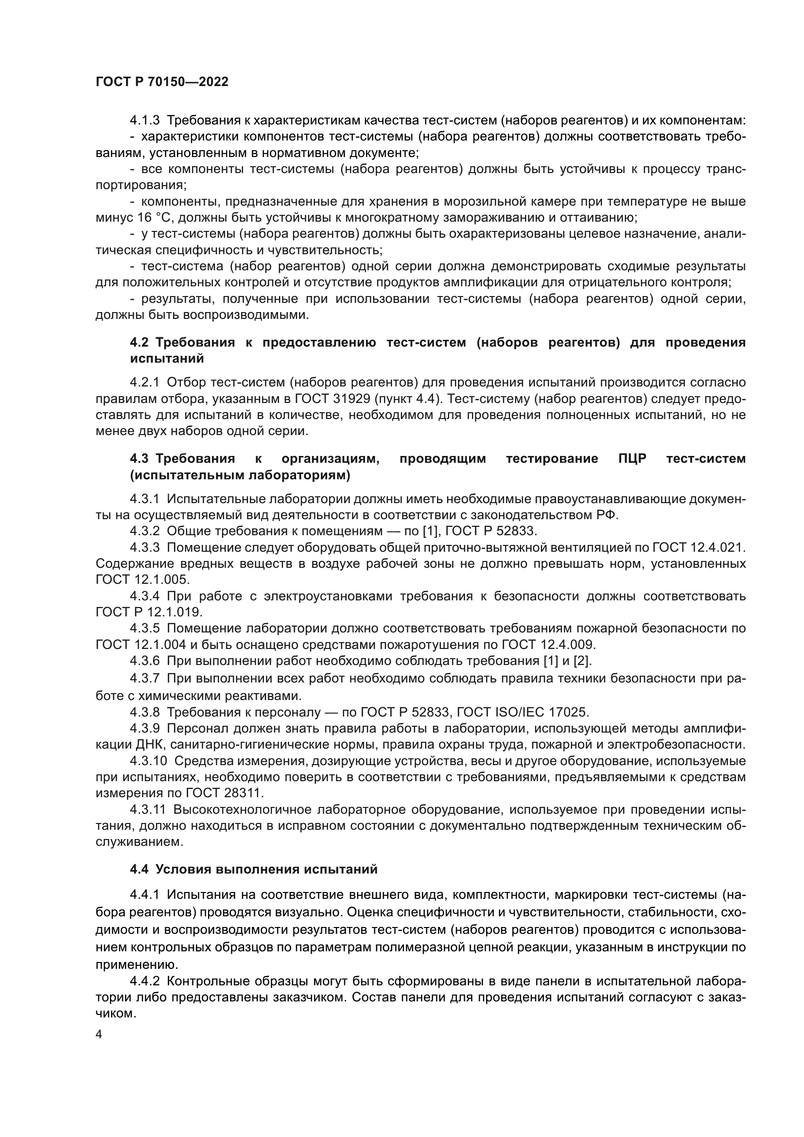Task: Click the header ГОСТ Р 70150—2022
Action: (x=162, y=82)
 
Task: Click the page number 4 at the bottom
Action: (x=99, y=1035)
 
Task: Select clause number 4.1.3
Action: (x=144, y=121)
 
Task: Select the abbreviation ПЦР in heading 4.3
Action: (x=632, y=458)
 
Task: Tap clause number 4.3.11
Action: (x=149, y=810)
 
